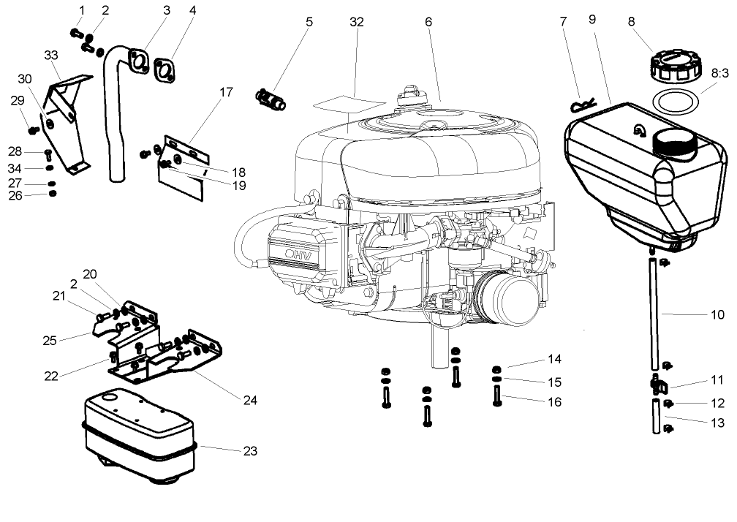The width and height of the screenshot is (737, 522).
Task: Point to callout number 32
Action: point(356,22)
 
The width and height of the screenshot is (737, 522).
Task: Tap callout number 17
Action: point(225,92)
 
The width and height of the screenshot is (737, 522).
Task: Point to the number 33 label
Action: point(51,55)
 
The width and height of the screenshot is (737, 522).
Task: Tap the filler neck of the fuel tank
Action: point(676,140)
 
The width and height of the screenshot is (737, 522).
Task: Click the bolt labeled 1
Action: point(75,32)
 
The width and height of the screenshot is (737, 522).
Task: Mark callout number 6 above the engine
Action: point(428,22)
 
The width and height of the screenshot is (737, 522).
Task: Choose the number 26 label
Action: point(16,195)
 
